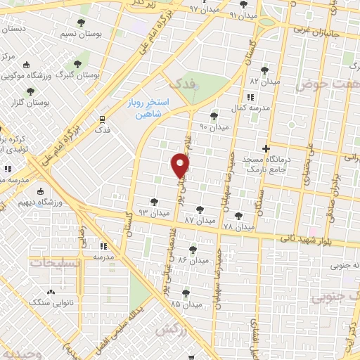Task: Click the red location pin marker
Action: (x=181, y=166)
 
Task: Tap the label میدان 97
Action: (x=204, y=8)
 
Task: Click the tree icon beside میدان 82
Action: (x=264, y=70)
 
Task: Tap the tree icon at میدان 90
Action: (x=214, y=116)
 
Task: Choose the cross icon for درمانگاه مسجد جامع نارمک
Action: (x=266, y=148)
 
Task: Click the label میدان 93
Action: (x=154, y=212)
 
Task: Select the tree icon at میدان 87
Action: (x=200, y=209)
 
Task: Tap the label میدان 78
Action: (x=238, y=226)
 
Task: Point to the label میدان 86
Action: (x=195, y=259)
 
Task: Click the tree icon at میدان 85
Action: (x=186, y=293)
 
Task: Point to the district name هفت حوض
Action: (x=322, y=85)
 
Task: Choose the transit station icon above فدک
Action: (x=103, y=119)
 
